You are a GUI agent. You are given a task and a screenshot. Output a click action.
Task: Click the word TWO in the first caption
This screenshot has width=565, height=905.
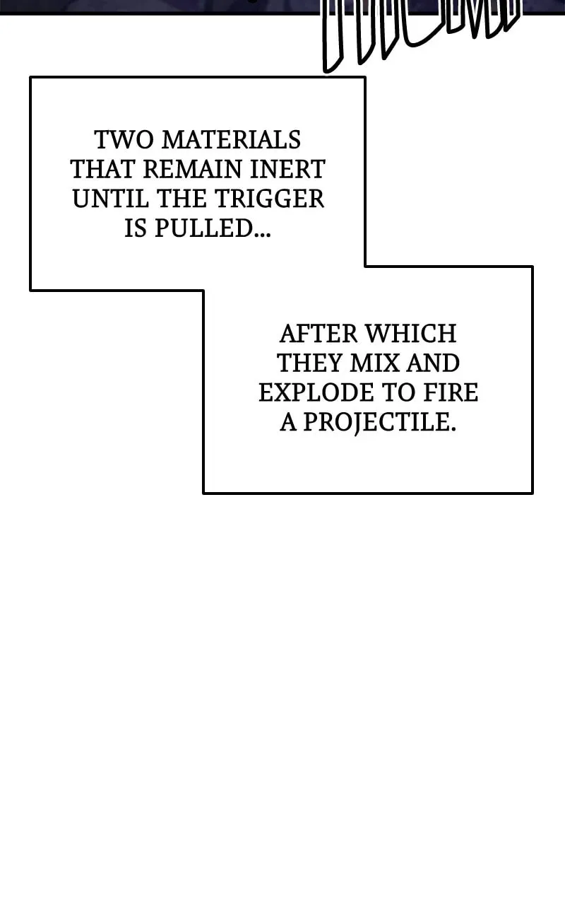coord(124,140)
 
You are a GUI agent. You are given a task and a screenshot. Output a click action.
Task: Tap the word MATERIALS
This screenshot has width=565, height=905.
coord(232,140)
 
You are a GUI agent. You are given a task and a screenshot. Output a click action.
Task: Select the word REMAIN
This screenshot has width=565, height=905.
coord(193,169)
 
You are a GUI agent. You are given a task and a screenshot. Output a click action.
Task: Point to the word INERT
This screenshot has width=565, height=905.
coord(287,169)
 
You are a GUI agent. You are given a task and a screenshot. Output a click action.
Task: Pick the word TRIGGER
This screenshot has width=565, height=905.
coord(269,199)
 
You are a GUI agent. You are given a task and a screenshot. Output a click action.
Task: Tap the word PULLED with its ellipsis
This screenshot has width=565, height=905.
coord(213,228)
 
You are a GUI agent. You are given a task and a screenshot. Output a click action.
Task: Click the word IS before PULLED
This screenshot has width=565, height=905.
coord(135,228)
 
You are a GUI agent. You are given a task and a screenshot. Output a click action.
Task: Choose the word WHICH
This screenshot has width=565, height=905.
coord(411,334)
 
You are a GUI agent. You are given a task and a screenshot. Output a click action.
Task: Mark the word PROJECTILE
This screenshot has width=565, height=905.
coord(379,423)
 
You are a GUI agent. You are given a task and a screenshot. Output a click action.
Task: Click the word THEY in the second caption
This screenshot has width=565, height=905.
coord(310,363)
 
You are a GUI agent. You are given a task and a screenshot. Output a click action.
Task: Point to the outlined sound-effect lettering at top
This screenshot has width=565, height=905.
coord(421,33)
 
